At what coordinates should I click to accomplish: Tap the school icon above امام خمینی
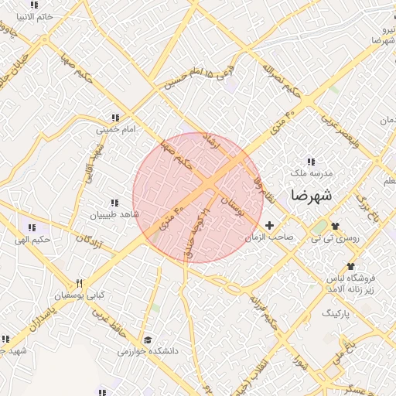tap(114, 118)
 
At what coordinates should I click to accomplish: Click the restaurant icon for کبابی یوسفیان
tap(78, 282)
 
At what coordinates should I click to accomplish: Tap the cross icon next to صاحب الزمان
tap(269, 225)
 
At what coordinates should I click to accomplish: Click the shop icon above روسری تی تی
tap(335, 226)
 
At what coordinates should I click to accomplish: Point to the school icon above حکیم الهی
tap(32, 227)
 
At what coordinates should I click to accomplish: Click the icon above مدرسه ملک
tap(311, 162)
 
